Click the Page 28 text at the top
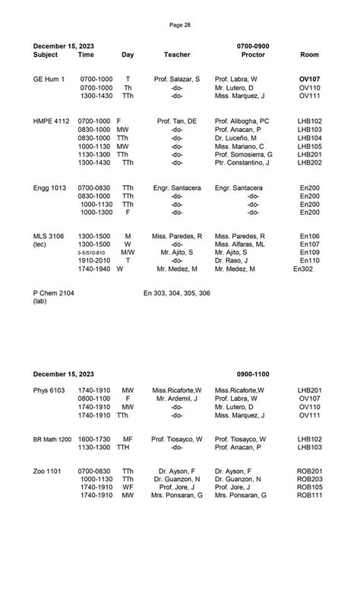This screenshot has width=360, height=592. (x=180, y=25)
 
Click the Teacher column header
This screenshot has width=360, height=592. (x=177, y=55)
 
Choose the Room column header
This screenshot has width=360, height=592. (x=310, y=55)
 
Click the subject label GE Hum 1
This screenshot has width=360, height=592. (x=49, y=79)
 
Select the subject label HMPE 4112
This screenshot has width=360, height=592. (x=52, y=121)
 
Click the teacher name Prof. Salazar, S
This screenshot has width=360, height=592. (x=177, y=79)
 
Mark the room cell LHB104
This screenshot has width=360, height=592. (x=310, y=137)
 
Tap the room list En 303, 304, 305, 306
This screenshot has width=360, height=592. (x=177, y=293)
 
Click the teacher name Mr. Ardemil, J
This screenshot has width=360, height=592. (x=177, y=398)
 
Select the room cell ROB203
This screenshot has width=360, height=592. (x=310, y=479)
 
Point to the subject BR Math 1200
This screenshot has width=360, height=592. (x=52, y=439)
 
